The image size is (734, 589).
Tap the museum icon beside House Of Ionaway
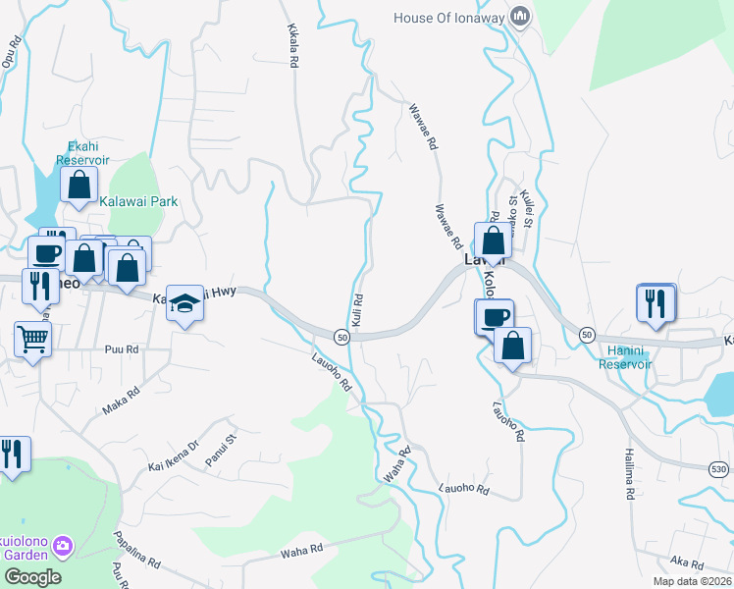click(520, 17)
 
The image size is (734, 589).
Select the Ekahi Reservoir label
click(82, 153)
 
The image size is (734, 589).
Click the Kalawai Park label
click(139, 201)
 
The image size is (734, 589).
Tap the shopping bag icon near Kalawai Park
click(79, 185)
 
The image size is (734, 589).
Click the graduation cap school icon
click(183, 303)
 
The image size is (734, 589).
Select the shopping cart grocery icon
click(32, 341)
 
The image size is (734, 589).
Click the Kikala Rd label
click(292, 45)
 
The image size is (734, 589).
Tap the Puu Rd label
click(123, 349)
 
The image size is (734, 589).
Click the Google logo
click(32, 577)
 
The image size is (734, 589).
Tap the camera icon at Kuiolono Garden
click(63, 544)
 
